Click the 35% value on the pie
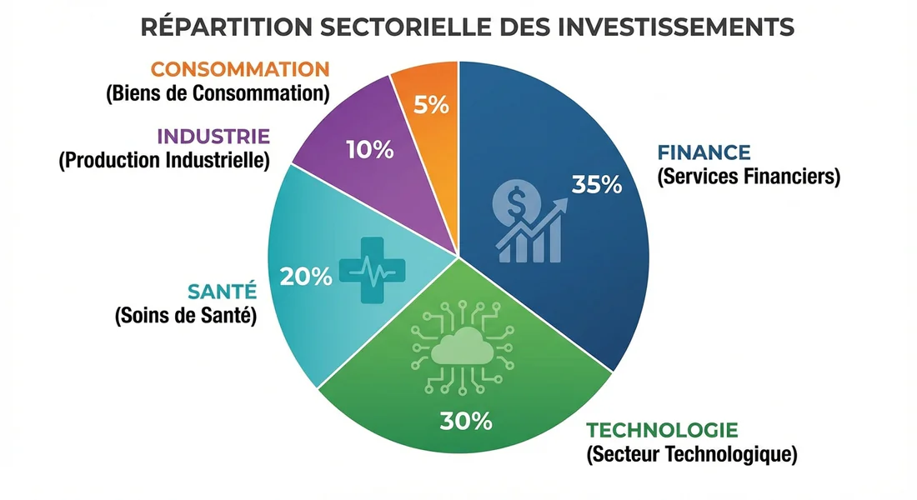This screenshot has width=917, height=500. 597,185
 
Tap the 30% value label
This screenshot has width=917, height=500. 466,421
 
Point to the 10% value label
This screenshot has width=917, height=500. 369,150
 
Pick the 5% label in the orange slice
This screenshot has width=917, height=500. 431,106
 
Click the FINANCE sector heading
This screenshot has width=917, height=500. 704,152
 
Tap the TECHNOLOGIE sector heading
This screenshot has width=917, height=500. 663,431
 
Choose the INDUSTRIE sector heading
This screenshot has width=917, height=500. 213,136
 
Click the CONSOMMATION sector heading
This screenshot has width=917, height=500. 240,69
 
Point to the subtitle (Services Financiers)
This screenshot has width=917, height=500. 748,177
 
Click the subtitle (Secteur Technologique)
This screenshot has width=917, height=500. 692,455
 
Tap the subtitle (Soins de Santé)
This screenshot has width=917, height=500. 184,316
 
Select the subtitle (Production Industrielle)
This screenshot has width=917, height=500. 164,160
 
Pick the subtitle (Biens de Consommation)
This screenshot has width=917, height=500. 218,93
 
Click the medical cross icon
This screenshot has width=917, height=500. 371,269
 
